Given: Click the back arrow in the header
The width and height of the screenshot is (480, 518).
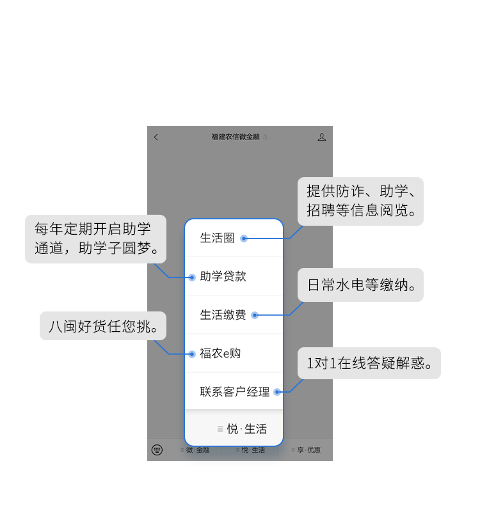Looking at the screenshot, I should (x=156, y=137).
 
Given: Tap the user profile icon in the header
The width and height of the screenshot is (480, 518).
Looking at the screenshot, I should (x=322, y=137).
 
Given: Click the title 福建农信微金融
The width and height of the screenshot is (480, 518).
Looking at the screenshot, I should (x=236, y=137).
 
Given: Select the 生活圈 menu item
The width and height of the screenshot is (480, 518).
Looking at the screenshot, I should (x=218, y=238).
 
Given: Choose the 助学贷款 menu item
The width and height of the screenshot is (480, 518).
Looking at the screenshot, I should (x=223, y=276).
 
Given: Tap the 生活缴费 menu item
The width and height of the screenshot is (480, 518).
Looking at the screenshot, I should (x=223, y=315).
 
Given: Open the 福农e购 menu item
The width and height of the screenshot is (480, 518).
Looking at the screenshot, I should (x=220, y=353).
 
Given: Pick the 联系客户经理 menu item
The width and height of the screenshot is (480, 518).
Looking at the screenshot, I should (x=234, y=391).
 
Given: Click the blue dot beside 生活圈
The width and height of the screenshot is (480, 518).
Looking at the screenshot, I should (x=244, y=239).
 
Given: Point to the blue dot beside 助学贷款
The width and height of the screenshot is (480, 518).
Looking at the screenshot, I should (x=192, y=278).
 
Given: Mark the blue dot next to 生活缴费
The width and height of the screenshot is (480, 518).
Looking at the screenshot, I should (x=255, y=315).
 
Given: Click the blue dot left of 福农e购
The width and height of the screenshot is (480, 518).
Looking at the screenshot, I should (x=192, y=354).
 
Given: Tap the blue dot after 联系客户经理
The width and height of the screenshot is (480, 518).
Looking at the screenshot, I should (x=277, y=392).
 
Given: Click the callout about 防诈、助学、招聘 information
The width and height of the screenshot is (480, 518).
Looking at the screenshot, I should (x=361, y=201).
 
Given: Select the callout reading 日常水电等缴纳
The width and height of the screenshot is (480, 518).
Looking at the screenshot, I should (x=361, y=285).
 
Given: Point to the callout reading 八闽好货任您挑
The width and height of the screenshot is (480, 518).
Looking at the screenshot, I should (x=102, y=326).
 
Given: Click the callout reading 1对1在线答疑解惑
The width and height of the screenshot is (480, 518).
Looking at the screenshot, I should (x=370, y=363).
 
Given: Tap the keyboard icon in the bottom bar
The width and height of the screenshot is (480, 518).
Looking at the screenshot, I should (x=157, y=450).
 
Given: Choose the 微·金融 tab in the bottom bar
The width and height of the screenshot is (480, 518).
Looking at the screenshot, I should (x=197, y=450).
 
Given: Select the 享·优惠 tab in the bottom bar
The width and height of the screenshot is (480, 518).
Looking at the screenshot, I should (x=308, y=450).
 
